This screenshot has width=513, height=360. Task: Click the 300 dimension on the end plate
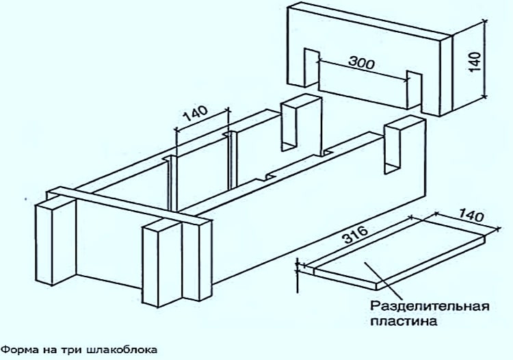361,62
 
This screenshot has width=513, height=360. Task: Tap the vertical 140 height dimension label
475,62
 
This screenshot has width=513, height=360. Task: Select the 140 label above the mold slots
195,113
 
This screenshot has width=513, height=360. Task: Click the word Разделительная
430,307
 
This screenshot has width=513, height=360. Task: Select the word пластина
404,322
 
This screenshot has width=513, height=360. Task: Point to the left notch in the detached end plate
311,68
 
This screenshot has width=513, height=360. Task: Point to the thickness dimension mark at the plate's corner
298,274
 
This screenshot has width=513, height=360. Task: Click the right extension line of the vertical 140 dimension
485,59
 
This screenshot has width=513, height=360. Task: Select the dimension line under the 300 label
363,70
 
